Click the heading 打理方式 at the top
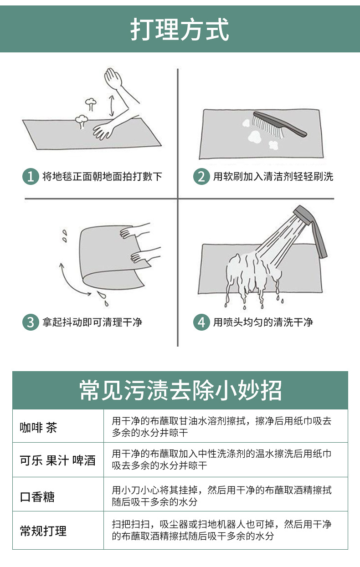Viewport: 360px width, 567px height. click(180, 30)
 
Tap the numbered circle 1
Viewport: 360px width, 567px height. click(31, 176)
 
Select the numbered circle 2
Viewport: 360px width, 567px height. click(201, 176)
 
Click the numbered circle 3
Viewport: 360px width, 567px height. click(31, 322)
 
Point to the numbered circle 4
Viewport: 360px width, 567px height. click(201, 322)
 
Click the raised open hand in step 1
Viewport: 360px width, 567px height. click(113, 78)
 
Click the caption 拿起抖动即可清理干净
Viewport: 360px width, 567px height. click(92, 322)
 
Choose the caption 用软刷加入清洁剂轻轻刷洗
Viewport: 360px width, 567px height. click(273, 176)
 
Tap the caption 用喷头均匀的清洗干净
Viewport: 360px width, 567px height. click(263, 322)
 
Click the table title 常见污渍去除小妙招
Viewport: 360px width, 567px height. click(180, 390)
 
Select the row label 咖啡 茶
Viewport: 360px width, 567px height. click(38, 428)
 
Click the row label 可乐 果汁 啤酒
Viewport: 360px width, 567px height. click(58, 460)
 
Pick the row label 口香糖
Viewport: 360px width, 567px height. click(37, 496)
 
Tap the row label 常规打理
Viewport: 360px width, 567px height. click(43, 531)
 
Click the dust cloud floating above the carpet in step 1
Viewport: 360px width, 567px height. click(90, 103)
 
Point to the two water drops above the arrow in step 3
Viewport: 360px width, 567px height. click(65, 236)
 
